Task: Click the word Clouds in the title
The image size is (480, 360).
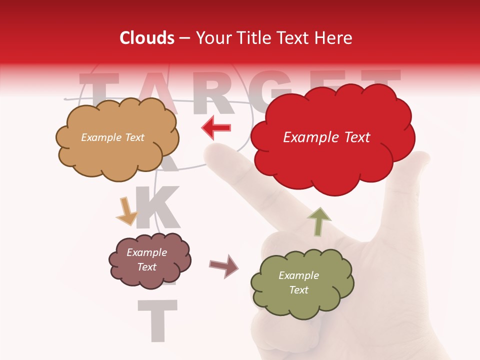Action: click(146, 38)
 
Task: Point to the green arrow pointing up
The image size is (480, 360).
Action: click(319, 221)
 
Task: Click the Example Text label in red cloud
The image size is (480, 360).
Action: click(326, 137)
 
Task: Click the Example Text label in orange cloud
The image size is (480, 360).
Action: click(112, 137)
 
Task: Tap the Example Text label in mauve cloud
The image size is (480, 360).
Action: click(146, 259)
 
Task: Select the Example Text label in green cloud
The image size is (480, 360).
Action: click(298, 282)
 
